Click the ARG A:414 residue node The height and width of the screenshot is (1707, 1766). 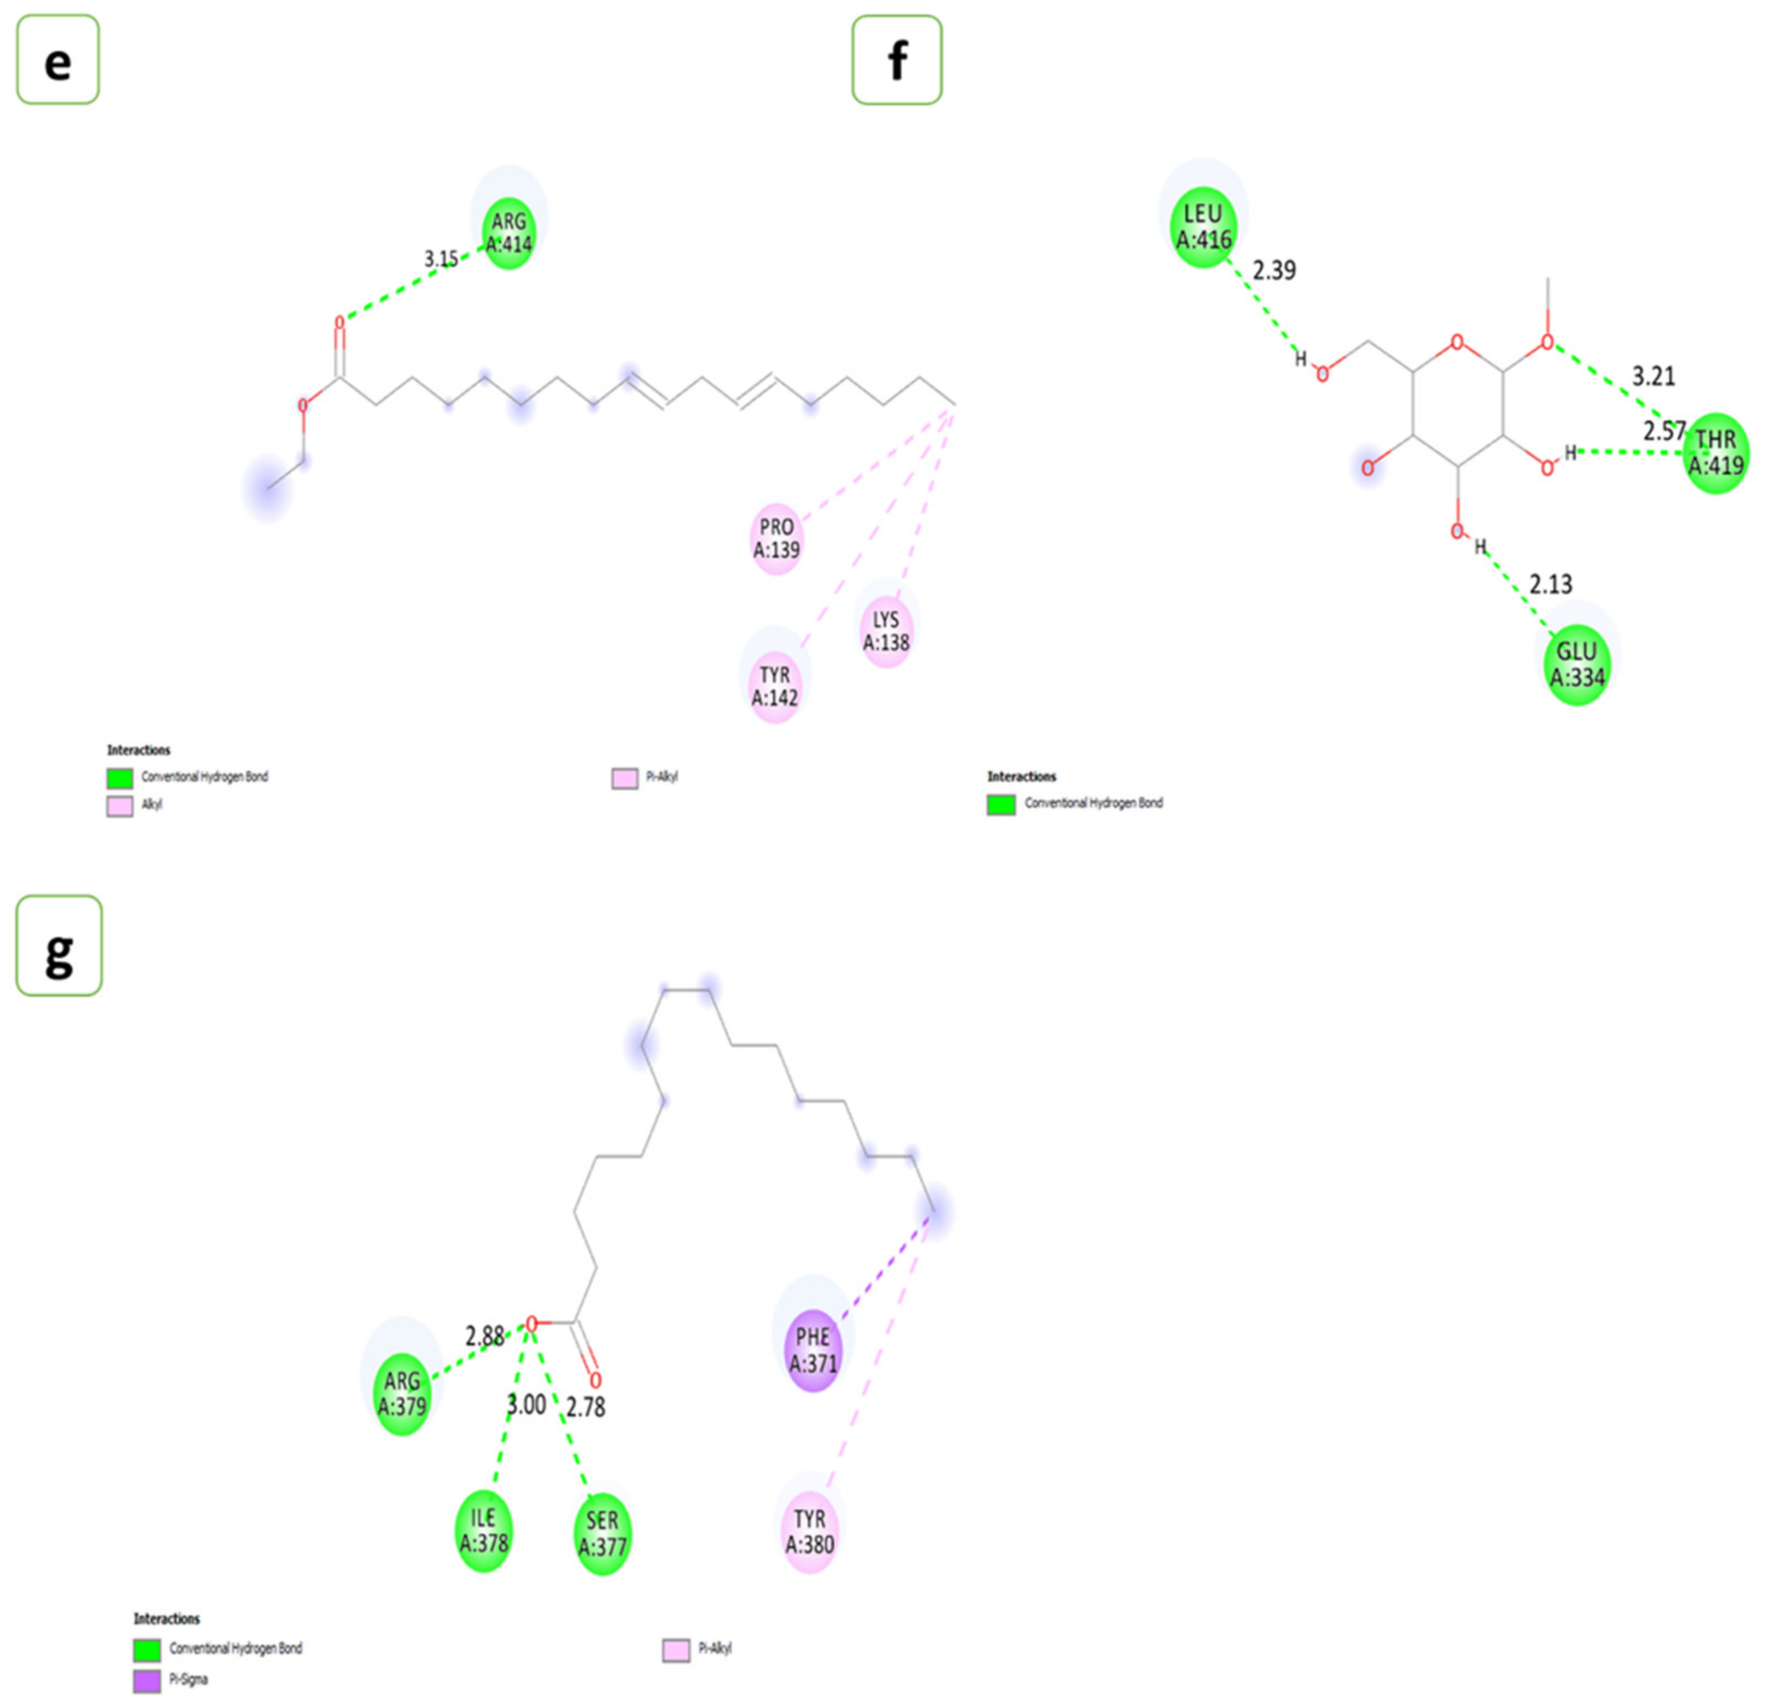coord(508,233)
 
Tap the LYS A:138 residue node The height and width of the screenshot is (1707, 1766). coord(885,631)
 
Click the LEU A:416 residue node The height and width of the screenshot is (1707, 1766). coord(1203,226)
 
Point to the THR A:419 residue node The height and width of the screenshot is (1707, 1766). coord(1716,452)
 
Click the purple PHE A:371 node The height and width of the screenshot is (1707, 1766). coord(813,1350)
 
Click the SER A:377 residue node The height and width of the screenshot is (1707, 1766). coord(602,1533)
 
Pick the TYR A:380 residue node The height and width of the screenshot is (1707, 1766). coord(809,1531)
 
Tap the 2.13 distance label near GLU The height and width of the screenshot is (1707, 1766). coord(1550,585)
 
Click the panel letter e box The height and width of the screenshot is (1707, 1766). coord(57,60)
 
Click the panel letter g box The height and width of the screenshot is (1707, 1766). coord(59,945)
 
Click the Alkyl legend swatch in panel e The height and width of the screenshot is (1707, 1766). coord(120,806)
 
